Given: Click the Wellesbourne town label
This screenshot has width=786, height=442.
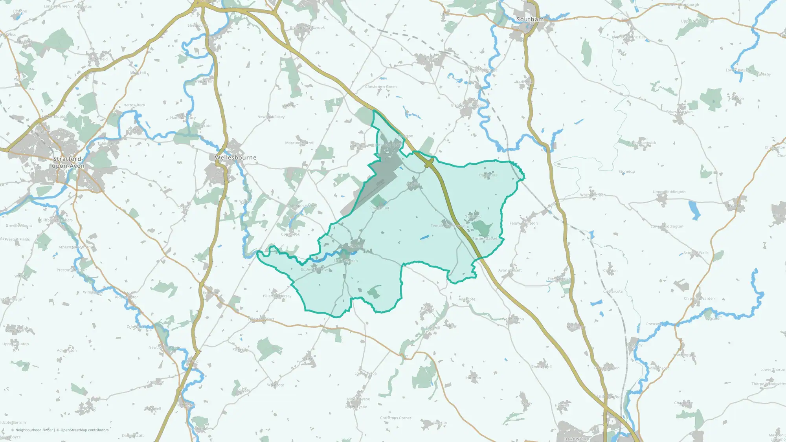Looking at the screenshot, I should (x=235, y=158).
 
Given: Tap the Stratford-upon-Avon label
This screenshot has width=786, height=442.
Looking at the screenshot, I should (x=68, y=162).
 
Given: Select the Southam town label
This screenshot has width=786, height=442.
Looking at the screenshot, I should (x=530, y=19).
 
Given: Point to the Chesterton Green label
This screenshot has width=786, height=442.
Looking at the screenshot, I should (x=380, y=87).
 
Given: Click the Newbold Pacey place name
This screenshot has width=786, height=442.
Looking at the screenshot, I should (x=271, y=117).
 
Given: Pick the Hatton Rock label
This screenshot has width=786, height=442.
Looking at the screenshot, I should (x=134, y=105).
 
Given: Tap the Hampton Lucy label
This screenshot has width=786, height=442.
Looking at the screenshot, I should (x=183, y=118).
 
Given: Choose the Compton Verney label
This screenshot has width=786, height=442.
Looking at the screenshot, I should (x=301, y=206).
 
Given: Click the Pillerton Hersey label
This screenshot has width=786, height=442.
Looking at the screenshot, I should (x=277, y=296).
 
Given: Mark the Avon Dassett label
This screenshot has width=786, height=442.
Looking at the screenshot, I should (x=510, y=270).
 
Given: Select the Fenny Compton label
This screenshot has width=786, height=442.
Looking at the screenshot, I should (x=523, y=224).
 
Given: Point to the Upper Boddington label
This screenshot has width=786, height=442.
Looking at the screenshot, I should (x=669, y=192).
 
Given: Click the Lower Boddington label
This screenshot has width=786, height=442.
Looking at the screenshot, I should (x=667, y=227).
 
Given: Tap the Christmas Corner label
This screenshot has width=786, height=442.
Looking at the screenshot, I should (x=395, y=418).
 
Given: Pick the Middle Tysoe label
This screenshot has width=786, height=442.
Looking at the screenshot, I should (x=358, y=399).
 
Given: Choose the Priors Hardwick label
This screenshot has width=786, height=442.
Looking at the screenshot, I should (x=642, y=143).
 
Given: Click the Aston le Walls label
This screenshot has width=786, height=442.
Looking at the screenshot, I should (x=696, y=253).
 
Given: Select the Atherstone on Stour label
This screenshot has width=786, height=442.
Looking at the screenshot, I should (x=76, y=248).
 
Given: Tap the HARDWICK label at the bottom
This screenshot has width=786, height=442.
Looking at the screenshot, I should (x=575, y=439).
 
